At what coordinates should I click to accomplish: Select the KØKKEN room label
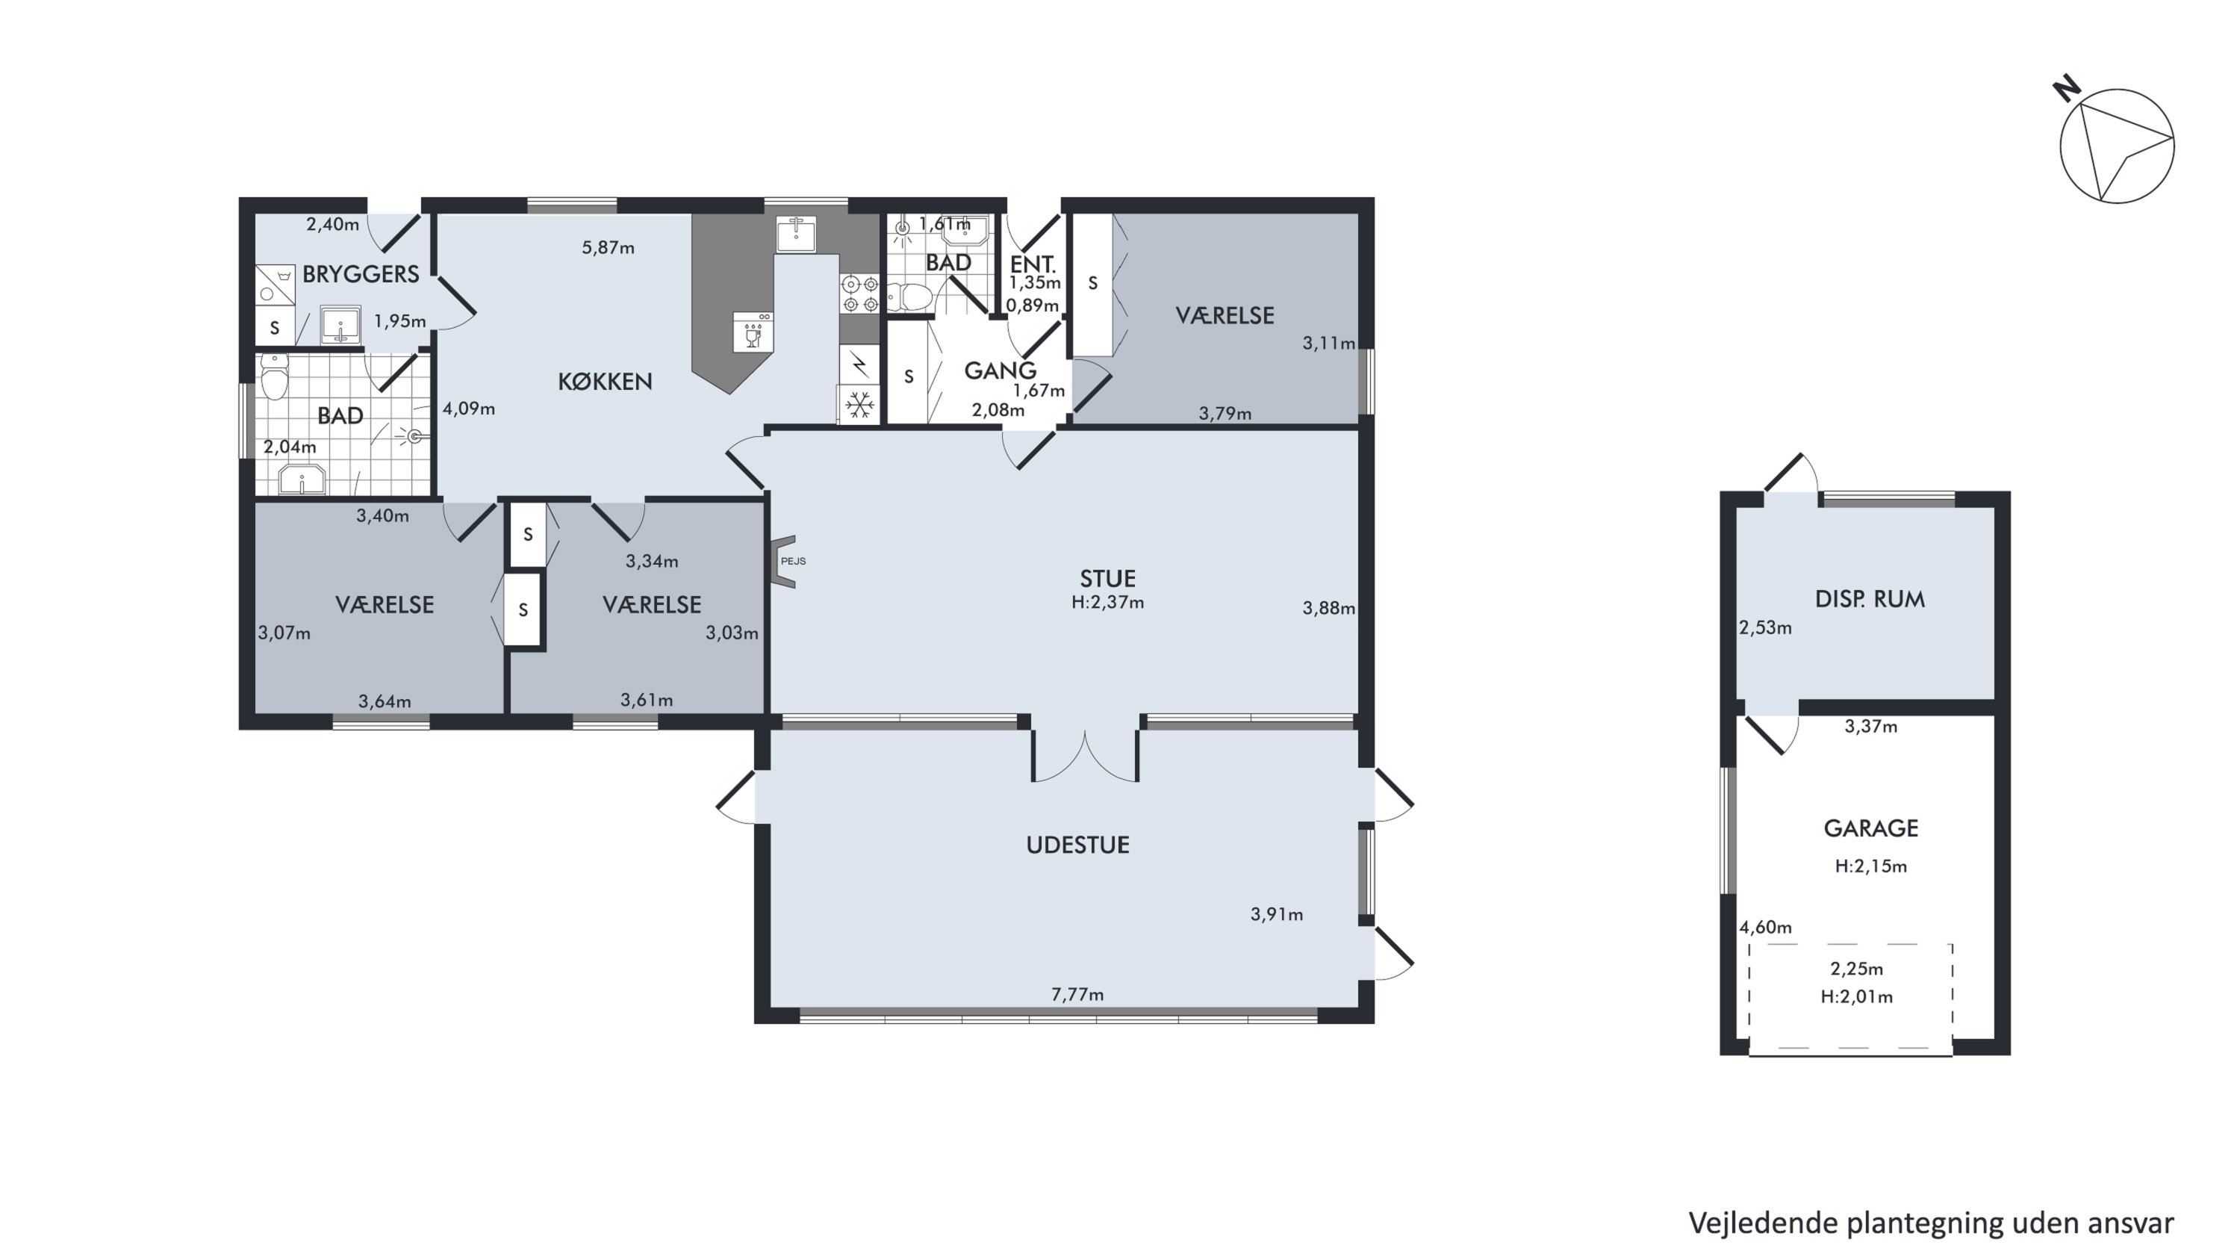point(606,382)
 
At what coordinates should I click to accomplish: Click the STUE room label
point(1107,578)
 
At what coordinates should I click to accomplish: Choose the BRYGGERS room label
point(361,275)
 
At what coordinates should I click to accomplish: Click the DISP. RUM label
point(1870,599)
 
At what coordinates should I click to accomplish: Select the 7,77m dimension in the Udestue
point(1077,994)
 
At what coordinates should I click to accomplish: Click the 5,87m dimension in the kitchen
point(608,248)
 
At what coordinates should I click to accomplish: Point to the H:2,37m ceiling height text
point(1107,602)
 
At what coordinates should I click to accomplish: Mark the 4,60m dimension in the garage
point(1765,927)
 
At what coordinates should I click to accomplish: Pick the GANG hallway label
point(1000,370)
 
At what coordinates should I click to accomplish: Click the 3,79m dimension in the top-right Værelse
point(1225,414)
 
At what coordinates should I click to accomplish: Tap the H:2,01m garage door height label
point(1856,997)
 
